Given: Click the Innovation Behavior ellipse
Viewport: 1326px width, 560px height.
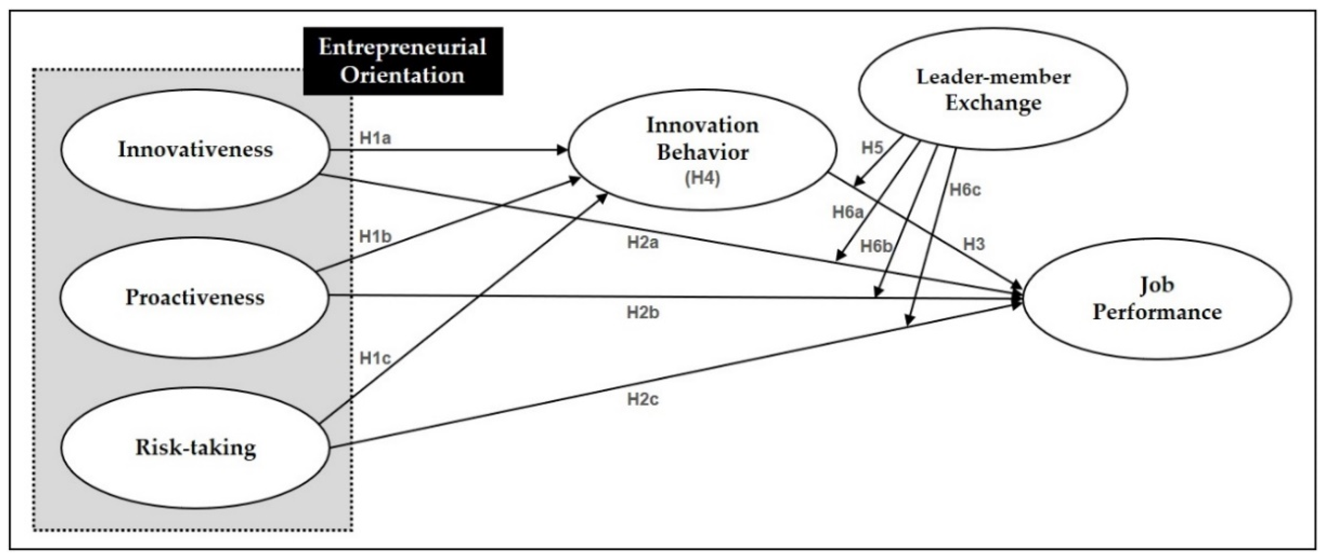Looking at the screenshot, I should [x=703, y=150].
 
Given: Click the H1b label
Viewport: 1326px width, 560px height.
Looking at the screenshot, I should [x=375, y=237].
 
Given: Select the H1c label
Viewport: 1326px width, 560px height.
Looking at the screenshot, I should [x=375, y=358].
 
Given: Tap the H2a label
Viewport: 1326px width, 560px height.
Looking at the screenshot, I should [x=643, y=242].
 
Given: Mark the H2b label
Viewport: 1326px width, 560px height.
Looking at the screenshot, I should [x=643, y=312].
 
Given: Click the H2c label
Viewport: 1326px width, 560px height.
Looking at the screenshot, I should [x=643, y=399].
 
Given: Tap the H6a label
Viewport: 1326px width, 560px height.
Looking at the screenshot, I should [x=847, y=212].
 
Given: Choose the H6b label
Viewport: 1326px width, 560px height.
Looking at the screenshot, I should [x=875, y=247].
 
